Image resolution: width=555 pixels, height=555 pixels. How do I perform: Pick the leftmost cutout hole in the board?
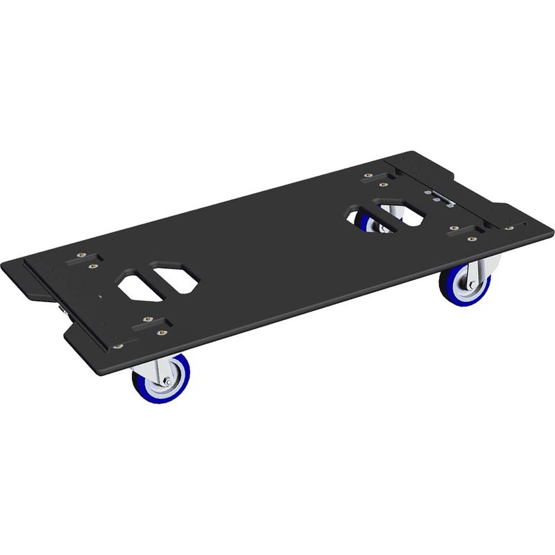click(x=137, y=285)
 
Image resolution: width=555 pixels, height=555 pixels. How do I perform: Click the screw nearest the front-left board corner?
click(x=119, y=345)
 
